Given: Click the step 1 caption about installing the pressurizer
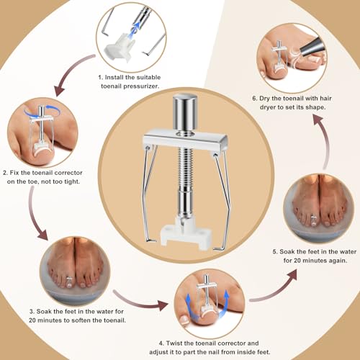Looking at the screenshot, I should click(x=129, y=79).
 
